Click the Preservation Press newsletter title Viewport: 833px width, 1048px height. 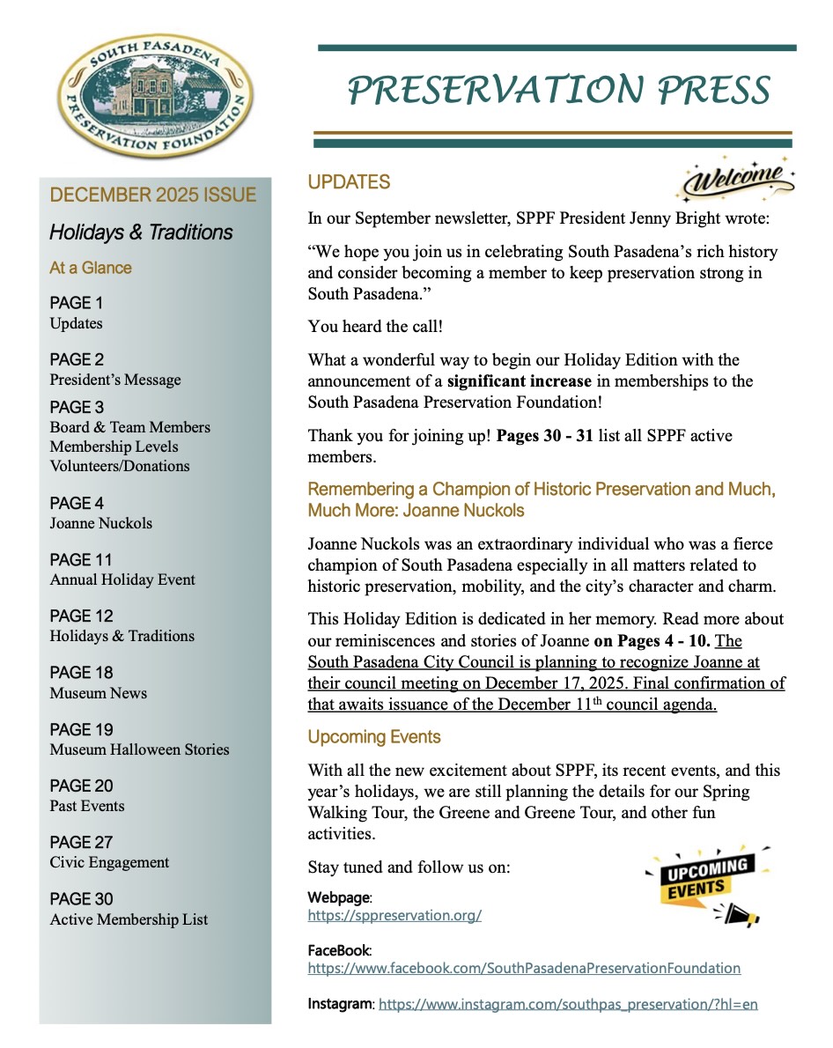coord(558,90)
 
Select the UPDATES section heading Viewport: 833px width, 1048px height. coord(349,182)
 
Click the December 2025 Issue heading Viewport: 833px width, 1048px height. coord(153,195)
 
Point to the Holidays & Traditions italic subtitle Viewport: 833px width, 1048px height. coord(141,232)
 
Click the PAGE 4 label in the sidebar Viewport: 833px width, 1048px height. coord(77,503)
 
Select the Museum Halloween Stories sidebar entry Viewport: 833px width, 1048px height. coord(139,749)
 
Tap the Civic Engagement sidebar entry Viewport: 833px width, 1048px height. coord(109,862)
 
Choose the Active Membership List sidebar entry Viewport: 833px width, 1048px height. coord(129,919)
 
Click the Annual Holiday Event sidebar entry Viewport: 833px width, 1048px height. coord(122,579)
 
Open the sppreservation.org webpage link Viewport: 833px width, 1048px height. coord(394,915)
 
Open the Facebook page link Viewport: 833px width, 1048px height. coord(524,968)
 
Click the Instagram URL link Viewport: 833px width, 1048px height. coord(568,1004)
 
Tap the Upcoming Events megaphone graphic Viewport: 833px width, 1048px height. coord(704,885)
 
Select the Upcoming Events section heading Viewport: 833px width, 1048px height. coord(374,736)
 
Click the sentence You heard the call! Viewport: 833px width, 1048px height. coord(375,327)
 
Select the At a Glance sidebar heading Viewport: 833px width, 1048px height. coord(91,268)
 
